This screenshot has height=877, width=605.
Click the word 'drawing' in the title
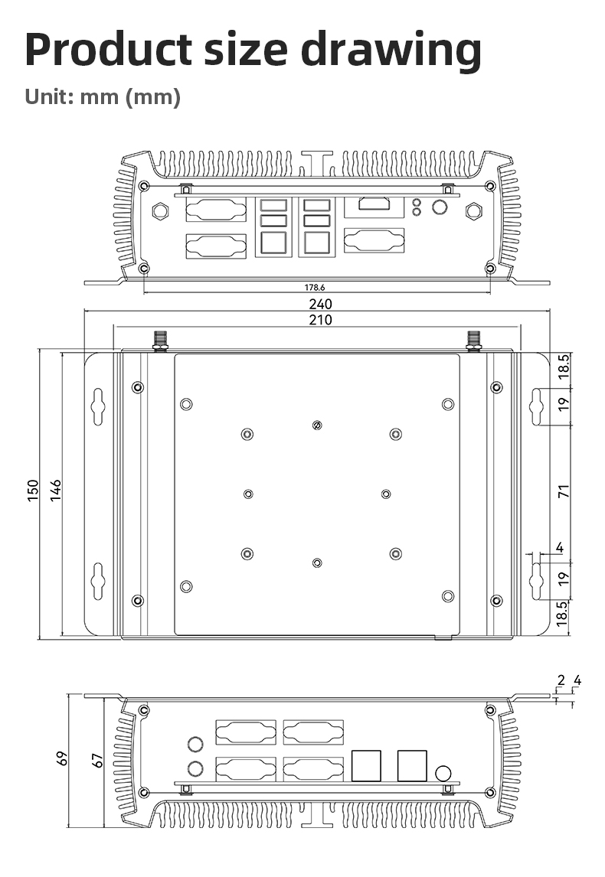(391, 51)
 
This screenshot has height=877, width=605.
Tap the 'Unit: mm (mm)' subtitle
(103, 97)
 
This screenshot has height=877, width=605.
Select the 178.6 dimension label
(314, 288)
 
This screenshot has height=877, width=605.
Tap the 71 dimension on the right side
(564, 492)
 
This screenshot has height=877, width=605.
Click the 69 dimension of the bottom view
(63, 758)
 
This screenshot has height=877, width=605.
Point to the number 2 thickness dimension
(561, 680)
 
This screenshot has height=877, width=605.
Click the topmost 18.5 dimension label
(564, 367)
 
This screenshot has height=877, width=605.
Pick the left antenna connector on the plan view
(161, 340)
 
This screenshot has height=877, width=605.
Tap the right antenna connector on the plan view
(474, 340)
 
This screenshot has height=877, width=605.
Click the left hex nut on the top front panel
(161, 210)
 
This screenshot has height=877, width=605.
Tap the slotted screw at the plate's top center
(317, 425)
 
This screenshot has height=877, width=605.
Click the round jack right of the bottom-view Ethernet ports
(443, 772)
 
